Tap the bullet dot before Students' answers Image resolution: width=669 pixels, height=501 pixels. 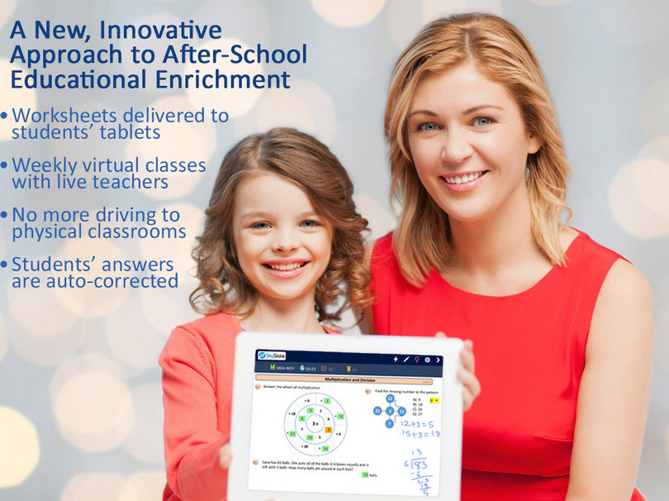(5, 265)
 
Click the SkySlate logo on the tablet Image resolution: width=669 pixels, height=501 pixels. (270, 355)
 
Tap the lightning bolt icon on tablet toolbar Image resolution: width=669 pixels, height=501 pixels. (395, 360)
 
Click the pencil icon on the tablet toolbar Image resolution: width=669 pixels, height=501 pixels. (406, 360)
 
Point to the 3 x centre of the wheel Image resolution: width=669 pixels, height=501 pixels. (315, 423)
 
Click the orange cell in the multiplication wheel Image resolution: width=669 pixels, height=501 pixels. (329, 430)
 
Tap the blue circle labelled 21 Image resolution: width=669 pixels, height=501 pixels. (377, 411)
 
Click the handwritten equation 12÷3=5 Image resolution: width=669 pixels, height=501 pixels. (420, 425)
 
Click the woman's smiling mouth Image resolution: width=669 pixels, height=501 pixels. (463, 177)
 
